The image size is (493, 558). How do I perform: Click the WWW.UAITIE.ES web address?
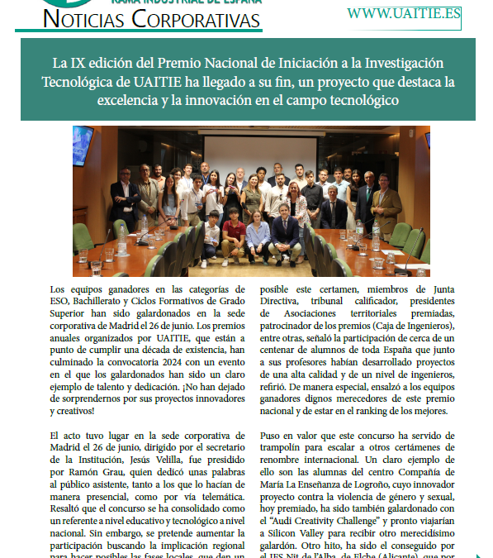(x=403, y=14)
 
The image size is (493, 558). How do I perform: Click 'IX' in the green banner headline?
(x=78, y=64)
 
